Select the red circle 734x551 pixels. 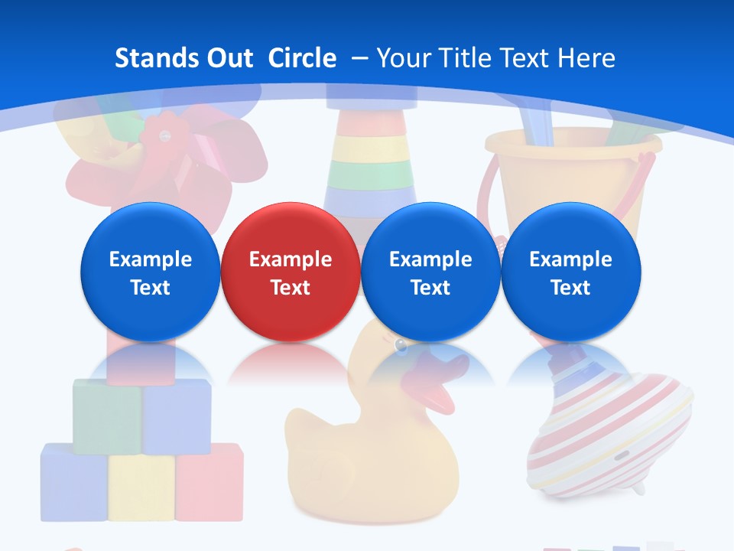pos(290,272)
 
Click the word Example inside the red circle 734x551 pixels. pos(290,259)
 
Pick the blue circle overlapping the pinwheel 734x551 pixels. pos(150,272)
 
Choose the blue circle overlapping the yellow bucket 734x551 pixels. pos(570,272)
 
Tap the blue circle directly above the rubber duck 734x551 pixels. pos(430,272)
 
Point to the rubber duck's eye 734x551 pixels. pos(401,347)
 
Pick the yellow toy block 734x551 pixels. pos(141,486)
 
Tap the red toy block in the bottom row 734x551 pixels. pos(209,482)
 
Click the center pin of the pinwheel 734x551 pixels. pos(163,135)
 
